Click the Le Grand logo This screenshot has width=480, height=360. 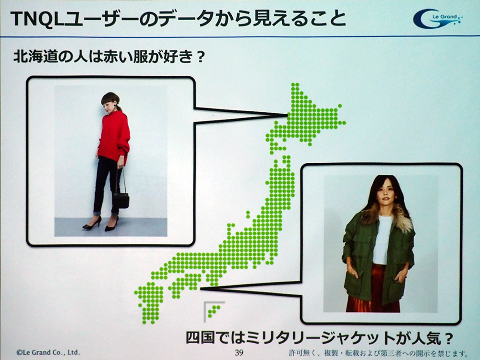point(438,19)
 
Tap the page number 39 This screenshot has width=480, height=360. point(239,352)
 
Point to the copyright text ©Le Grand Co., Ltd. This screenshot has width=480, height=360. point(48,352)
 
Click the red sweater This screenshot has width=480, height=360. point(114,138)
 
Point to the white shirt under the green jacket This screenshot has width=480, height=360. point(382,239)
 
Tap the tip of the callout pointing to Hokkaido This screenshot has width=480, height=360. point(287,115)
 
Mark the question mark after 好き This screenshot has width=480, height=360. point(201,57)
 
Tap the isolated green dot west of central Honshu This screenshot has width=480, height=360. point(248,214)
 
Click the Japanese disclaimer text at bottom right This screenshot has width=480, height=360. point(378,353)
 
